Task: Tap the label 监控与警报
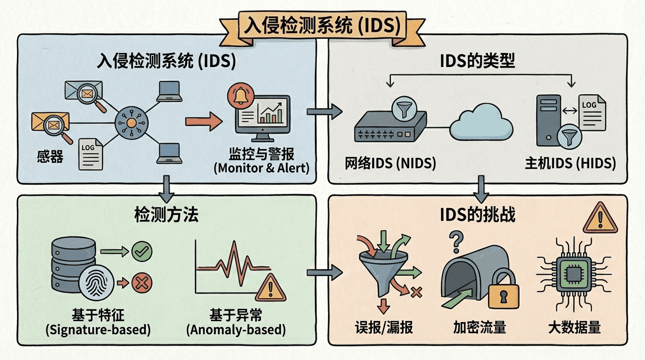pos(262,154)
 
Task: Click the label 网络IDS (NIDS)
pos(390,163)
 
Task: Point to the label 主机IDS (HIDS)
pos(570,163)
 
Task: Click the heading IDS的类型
pos(478,61)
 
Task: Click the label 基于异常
pos(236,314)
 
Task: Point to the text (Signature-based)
pos(98,330)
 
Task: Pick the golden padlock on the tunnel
pos(504,292)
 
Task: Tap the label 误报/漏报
pos(384,327)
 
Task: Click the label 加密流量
pos(480,327)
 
